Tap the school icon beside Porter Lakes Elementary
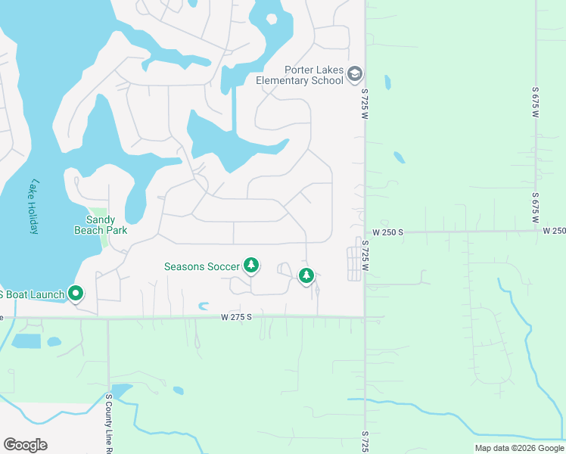356,73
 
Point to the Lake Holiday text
33,207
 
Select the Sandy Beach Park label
100,225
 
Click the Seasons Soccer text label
202,266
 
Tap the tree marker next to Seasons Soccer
251,266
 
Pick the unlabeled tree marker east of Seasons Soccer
306,276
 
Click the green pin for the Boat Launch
76,292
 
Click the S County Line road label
109,423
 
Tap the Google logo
25,445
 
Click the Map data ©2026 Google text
519,448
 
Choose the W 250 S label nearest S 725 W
387,232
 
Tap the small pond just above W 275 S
203,306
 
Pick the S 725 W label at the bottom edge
365,443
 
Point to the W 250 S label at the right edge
554,231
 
